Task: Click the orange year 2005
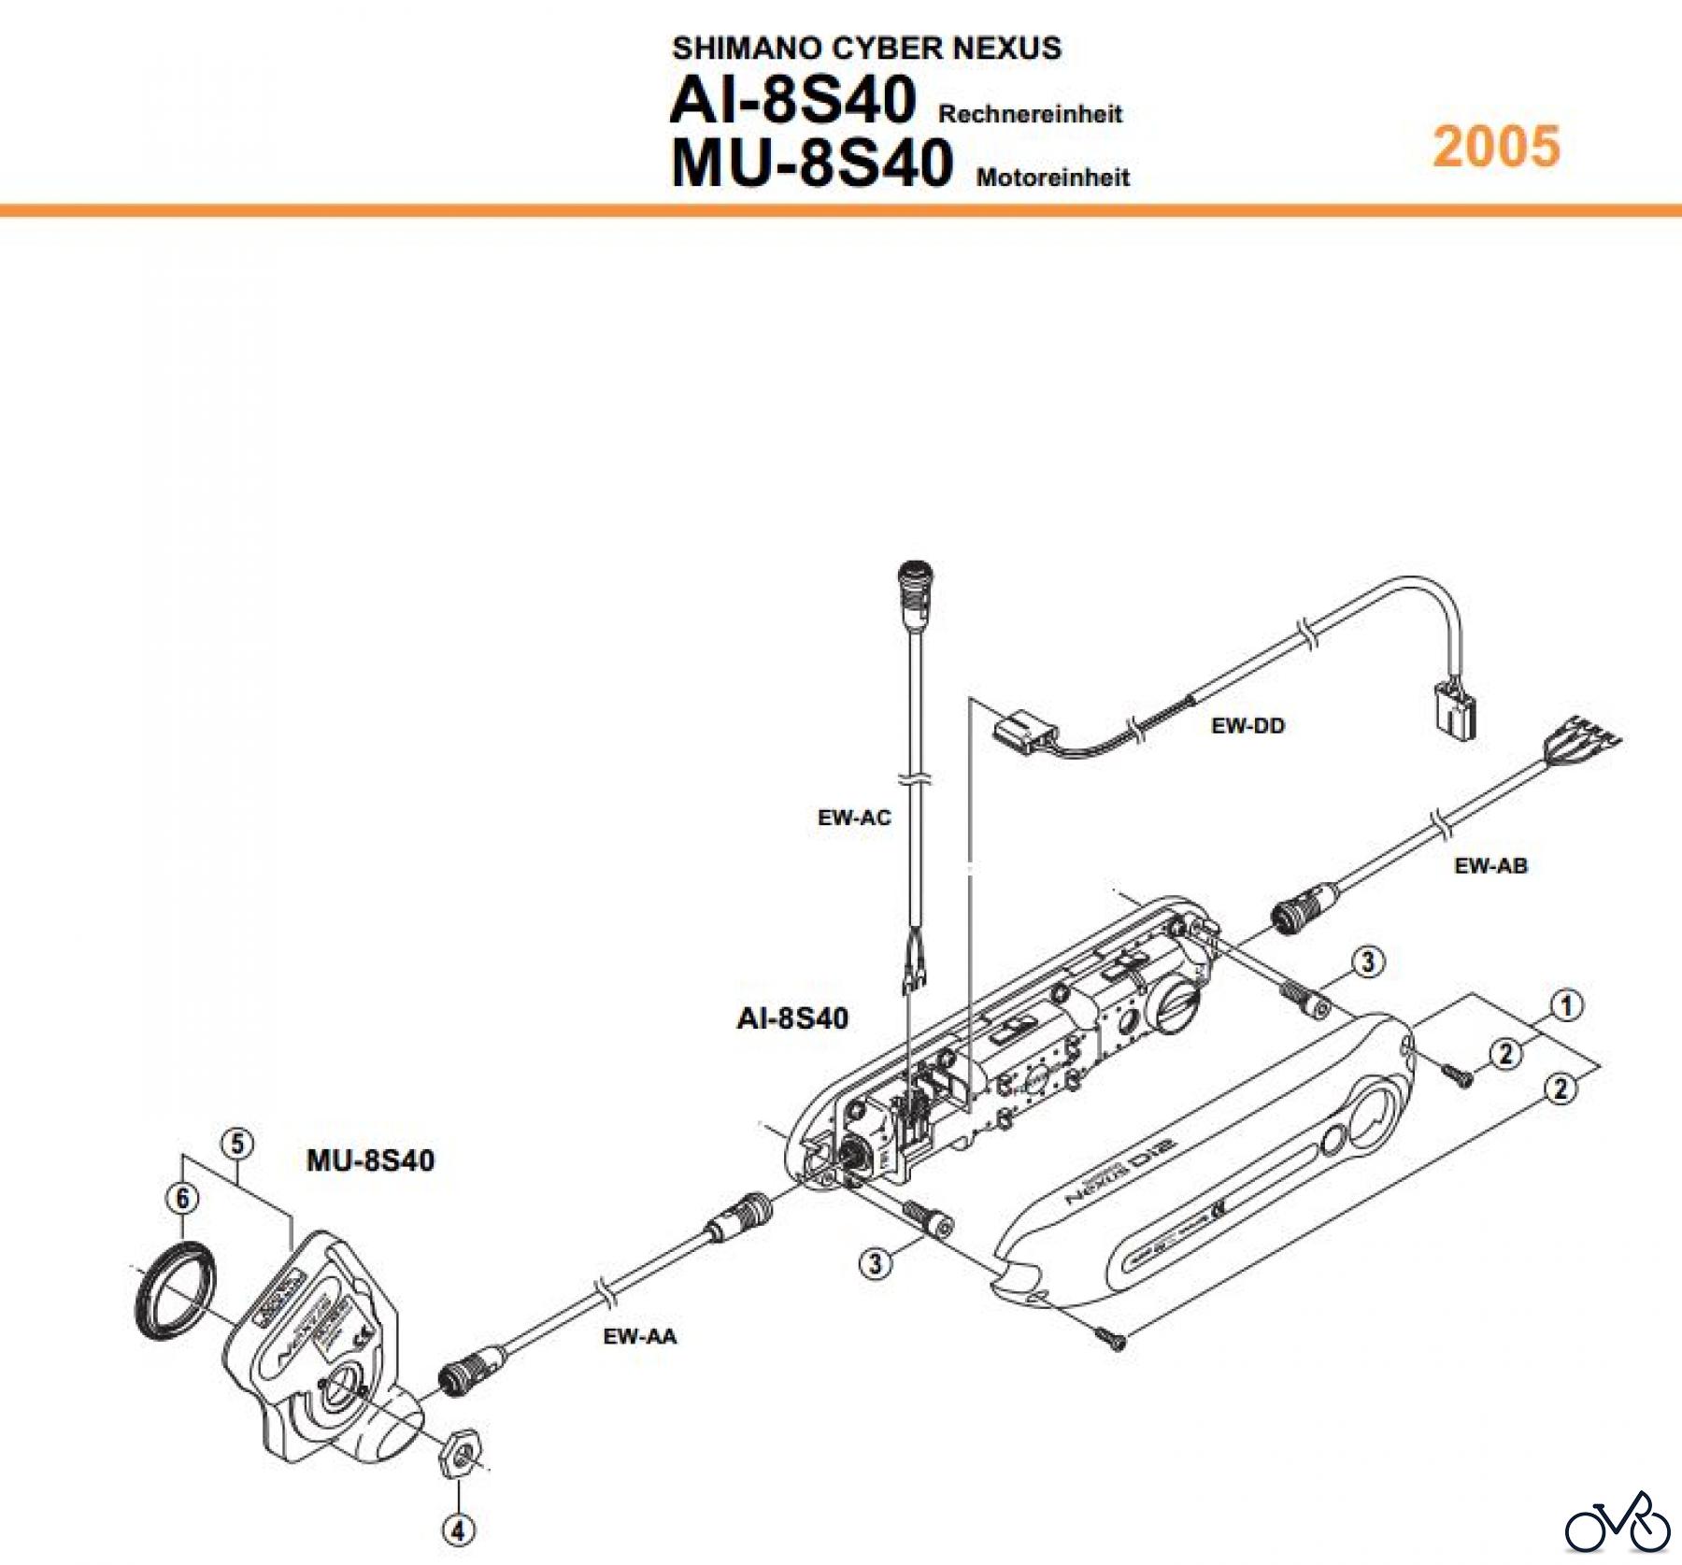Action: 1496,147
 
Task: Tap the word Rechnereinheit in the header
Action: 1030,115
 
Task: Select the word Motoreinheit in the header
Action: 1052,178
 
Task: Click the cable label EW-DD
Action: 1247,725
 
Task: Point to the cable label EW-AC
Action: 854,818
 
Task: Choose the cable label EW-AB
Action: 1490,866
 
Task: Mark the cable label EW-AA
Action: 639,1337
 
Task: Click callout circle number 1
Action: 1566,1006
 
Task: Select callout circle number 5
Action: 236,1144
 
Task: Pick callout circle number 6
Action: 182,1198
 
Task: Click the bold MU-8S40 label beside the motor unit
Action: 370,1160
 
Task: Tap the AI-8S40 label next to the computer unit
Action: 792,1018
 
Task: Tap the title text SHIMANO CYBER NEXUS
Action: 866,48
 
